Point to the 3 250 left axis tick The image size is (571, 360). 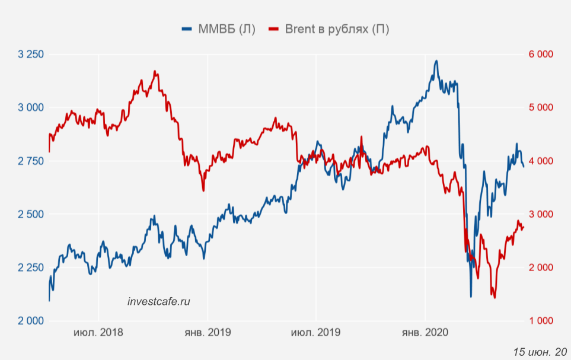pos(31,55)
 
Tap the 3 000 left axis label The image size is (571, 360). pos(31,108)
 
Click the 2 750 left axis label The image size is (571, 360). pos(31,161)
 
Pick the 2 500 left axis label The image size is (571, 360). pos(31,214)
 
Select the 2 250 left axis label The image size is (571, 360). pos(31,267)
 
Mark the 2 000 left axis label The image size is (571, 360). pos(31,321)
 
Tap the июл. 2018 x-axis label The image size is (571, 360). pos(98,332)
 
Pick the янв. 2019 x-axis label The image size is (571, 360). pos(208,332)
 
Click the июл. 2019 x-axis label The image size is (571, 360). pos(315,332)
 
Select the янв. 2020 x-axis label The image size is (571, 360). pos(425,332)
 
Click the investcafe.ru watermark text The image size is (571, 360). pos(159,302)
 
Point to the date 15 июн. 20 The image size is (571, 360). pos(540,352)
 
